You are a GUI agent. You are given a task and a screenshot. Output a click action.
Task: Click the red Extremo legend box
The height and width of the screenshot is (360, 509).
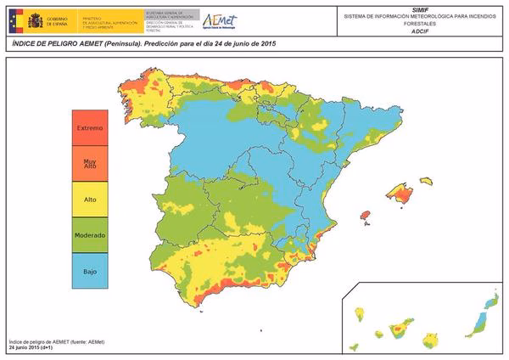click(90, 127)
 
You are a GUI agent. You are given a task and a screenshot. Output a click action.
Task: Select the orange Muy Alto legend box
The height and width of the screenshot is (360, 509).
click(90, 163)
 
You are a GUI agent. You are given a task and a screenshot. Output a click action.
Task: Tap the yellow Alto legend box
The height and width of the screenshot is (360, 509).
click(90, 199)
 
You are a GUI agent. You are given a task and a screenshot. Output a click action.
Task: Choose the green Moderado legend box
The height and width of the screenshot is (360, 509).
click(90, 234)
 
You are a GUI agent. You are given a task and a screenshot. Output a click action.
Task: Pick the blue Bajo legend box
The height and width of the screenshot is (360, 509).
click(90, 270)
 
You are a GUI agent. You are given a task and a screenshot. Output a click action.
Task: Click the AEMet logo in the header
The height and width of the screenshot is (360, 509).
click(219, 20)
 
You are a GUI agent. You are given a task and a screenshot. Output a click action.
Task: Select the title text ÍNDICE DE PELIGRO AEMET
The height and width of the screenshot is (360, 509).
click(59, 42)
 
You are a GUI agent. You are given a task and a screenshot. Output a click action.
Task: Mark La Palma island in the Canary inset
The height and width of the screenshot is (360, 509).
click(361, 315)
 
